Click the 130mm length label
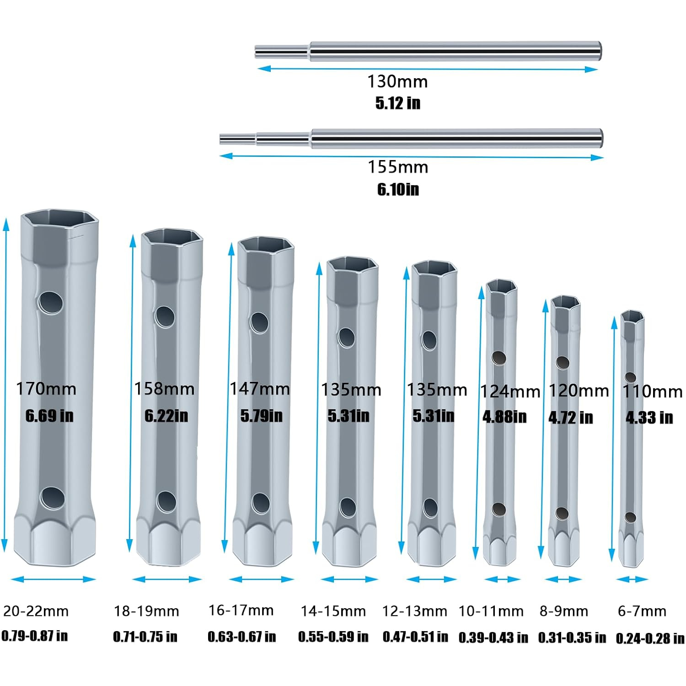pos(398,81)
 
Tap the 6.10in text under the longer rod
pos(398,189)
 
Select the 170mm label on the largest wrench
pos(46,389)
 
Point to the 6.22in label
pos(166,415)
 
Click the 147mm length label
pos(260,389)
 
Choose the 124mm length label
pos(510,391)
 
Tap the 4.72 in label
pos(571,418)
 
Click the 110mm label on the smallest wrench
pos(653,391)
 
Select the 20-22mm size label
pos(36,611)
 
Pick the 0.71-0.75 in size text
pos(145,636)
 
